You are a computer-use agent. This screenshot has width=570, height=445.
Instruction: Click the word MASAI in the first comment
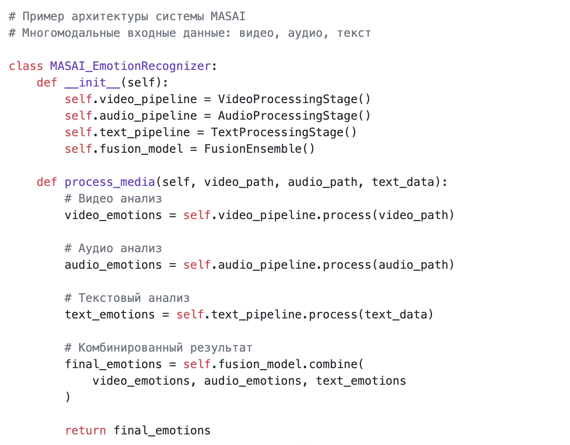tap(228, 16)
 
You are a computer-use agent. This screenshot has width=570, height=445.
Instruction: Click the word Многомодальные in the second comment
tap(71, 33)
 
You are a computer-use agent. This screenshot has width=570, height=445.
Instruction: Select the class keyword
tap(26, 66)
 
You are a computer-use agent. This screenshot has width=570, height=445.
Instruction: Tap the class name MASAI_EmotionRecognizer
tap(130, 66)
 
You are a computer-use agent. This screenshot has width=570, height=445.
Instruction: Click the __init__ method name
tap(92, 83)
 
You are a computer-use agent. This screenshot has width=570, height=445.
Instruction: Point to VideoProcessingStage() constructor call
tap(294, 99)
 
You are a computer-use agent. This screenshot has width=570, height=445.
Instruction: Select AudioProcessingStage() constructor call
tap(294, 116)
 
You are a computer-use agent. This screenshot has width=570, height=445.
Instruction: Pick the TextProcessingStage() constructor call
tap(283, 132)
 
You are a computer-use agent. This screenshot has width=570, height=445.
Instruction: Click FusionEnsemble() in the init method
tap(259, 149)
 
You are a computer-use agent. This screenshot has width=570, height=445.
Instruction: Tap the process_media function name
tap(109, 182)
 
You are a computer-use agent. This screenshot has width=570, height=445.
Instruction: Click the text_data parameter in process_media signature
tap(403, 182)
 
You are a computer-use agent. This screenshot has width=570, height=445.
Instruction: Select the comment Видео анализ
tap(113, 198)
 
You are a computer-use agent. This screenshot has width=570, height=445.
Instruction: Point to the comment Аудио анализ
tap(113, 248)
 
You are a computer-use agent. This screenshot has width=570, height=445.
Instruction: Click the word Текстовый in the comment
tap(109, 298)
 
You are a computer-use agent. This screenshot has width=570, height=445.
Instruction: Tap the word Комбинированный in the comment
tap(130, 347)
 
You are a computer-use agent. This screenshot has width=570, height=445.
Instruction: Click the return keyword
tap(85, 431)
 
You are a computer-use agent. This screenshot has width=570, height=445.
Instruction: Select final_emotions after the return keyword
tap(162, 431)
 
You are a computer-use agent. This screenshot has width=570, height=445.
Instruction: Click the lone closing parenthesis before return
tap(68, 397)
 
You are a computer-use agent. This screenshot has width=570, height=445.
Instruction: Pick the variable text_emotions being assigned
tap(109, 314)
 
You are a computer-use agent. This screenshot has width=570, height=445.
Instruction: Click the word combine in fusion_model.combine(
tap(333, 364)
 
